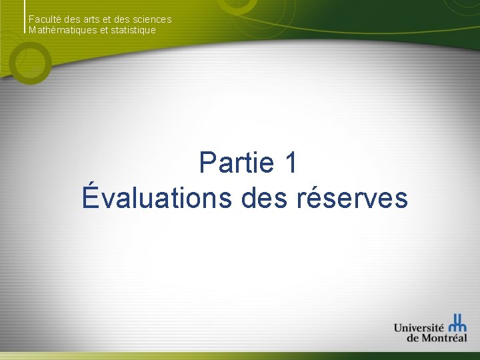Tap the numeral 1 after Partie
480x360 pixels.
pyautogui.click(x=289, y=163)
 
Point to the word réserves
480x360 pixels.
pyautogui.click(x=353, y=198)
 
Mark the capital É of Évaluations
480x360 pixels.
pyautogui.click(x=92, y=197)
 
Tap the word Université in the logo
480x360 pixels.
pyautogui.click(x=419, y=327)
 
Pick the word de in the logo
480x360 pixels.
pyautogui.click(x=413, y=338)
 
